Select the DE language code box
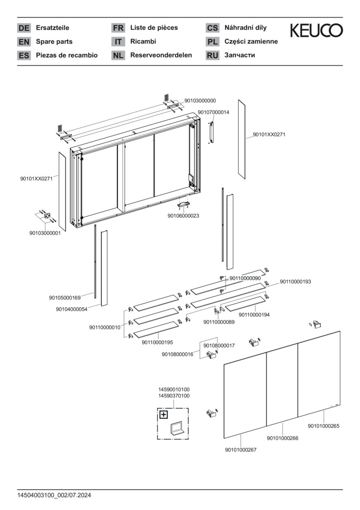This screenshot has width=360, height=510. pos(24,28)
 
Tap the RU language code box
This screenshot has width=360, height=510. pos(212,55)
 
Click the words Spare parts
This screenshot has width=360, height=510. pos(54,42)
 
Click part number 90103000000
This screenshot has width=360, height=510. pos(200,101)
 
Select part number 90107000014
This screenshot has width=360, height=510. pos(213,112)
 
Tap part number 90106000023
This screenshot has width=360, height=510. pos(183,216)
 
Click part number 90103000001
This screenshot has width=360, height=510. pos(45,233)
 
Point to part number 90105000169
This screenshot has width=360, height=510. pos(65,297)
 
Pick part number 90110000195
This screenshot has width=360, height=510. pos(157,342)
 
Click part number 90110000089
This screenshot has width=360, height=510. pos(219,322)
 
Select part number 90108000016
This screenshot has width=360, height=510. pos(177,354)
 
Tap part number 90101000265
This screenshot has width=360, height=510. pos(324,426)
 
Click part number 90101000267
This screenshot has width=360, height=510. pos(241,450)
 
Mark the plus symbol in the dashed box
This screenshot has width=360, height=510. pos(163,415)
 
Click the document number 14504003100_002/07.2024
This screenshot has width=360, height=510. pos(54,495)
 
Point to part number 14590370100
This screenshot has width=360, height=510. pos(174,396)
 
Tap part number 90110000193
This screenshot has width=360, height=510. pos(295,282)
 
